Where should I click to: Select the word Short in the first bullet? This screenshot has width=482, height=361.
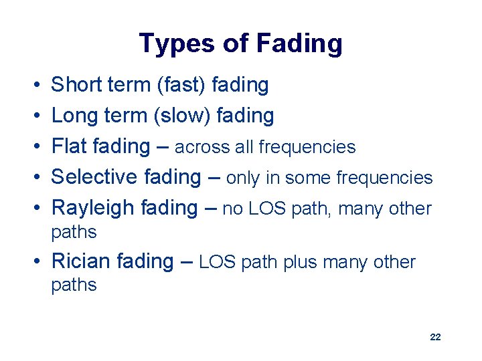[76, 85]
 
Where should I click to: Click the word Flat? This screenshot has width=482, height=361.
[70, 146]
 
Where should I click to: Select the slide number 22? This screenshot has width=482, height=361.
[435, 337]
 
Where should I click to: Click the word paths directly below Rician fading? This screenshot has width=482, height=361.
[74, 285]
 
